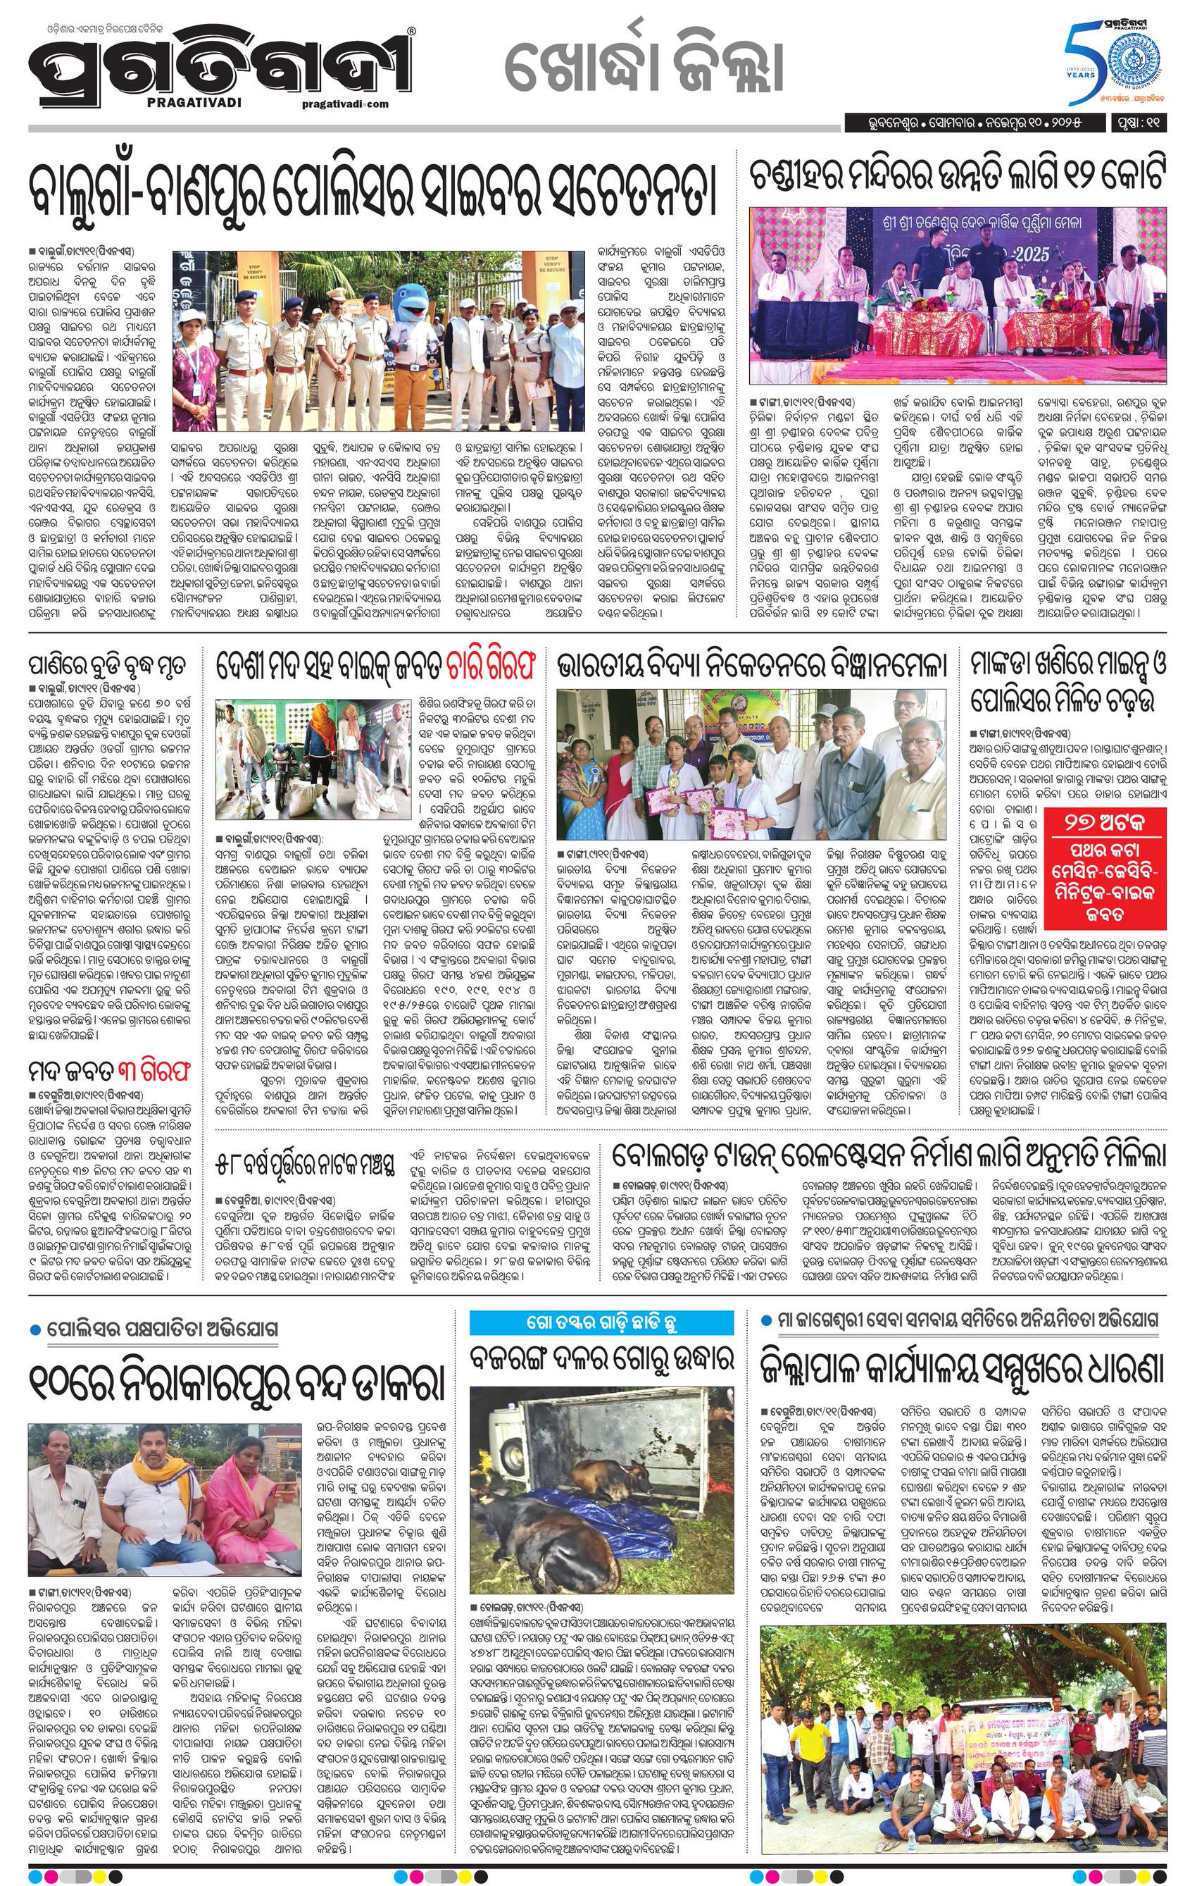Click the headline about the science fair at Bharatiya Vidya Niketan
click(751, 667)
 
